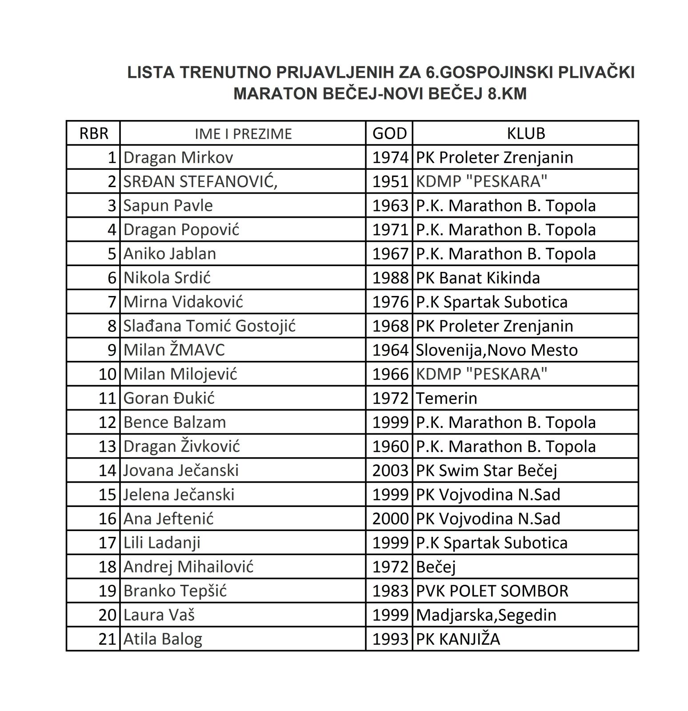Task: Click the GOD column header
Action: [x=389, y=133]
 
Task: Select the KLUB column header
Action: [x=526, y=133]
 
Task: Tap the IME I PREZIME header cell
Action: [x=243, y=134]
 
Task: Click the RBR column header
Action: [x=93, y=134]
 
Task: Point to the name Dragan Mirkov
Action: [x=178, y=157]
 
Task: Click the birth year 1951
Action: [x=390, y=181]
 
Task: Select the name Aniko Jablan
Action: [x=170, y=254]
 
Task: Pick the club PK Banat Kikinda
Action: [x=478, y=278]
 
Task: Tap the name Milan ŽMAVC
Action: [x=174, y=350]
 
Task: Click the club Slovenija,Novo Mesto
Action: [x=496, y=350]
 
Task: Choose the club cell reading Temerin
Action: [x=446, y=398]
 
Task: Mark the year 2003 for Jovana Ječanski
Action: [x=390, y=471]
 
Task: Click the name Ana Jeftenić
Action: [x=168, y=519]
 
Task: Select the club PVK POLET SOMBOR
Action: [x=492, y=591]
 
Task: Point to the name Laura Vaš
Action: [x=159, y=615]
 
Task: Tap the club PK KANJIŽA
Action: [x=458, y=639]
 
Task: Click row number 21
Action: [x=107, y=639]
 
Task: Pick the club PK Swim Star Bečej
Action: [x=486, y=471]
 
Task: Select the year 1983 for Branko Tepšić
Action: [x=390, y=591]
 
